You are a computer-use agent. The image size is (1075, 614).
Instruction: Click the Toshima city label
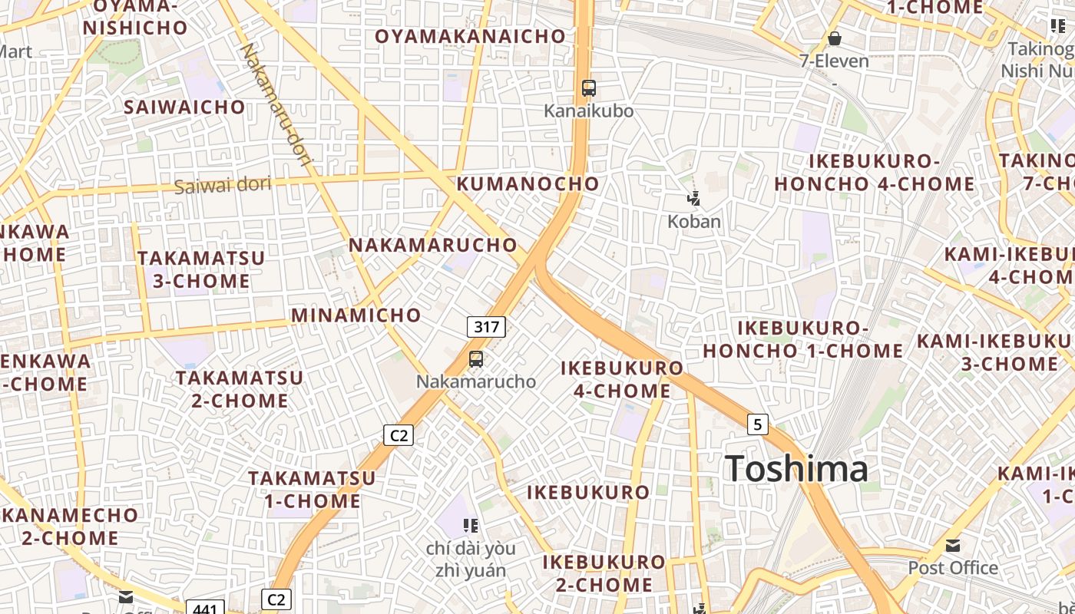click(796, 469)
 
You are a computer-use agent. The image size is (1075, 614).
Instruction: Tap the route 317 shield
click(486, 327)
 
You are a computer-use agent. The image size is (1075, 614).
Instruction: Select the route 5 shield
click(757, 424)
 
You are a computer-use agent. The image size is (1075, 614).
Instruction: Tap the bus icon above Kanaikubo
click(589, 88)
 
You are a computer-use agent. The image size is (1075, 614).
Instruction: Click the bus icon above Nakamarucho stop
click(476, 358)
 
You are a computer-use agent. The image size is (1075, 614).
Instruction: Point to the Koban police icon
click(694, 200)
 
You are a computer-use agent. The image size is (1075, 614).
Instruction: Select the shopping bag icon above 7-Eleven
click(834, 38)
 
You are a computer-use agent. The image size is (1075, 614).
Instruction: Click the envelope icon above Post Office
click(953, 546)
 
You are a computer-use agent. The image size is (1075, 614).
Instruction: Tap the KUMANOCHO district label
click(528, 183)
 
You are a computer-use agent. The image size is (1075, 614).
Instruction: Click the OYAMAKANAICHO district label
click(470, 36)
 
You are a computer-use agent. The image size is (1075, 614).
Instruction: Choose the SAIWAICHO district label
click(184, 107)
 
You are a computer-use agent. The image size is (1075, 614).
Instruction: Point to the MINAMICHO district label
click(356, 315)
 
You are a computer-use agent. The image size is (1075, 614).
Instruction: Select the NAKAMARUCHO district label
click(433, 245)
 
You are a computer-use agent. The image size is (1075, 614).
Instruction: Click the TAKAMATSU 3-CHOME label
click(201, 269)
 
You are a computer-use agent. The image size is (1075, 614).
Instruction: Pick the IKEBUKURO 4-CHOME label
click(622, 379)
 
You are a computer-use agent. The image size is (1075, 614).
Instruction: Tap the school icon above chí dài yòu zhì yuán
click(471, 526)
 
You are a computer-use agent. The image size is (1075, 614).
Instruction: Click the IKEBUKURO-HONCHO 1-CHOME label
click(802, 339)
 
